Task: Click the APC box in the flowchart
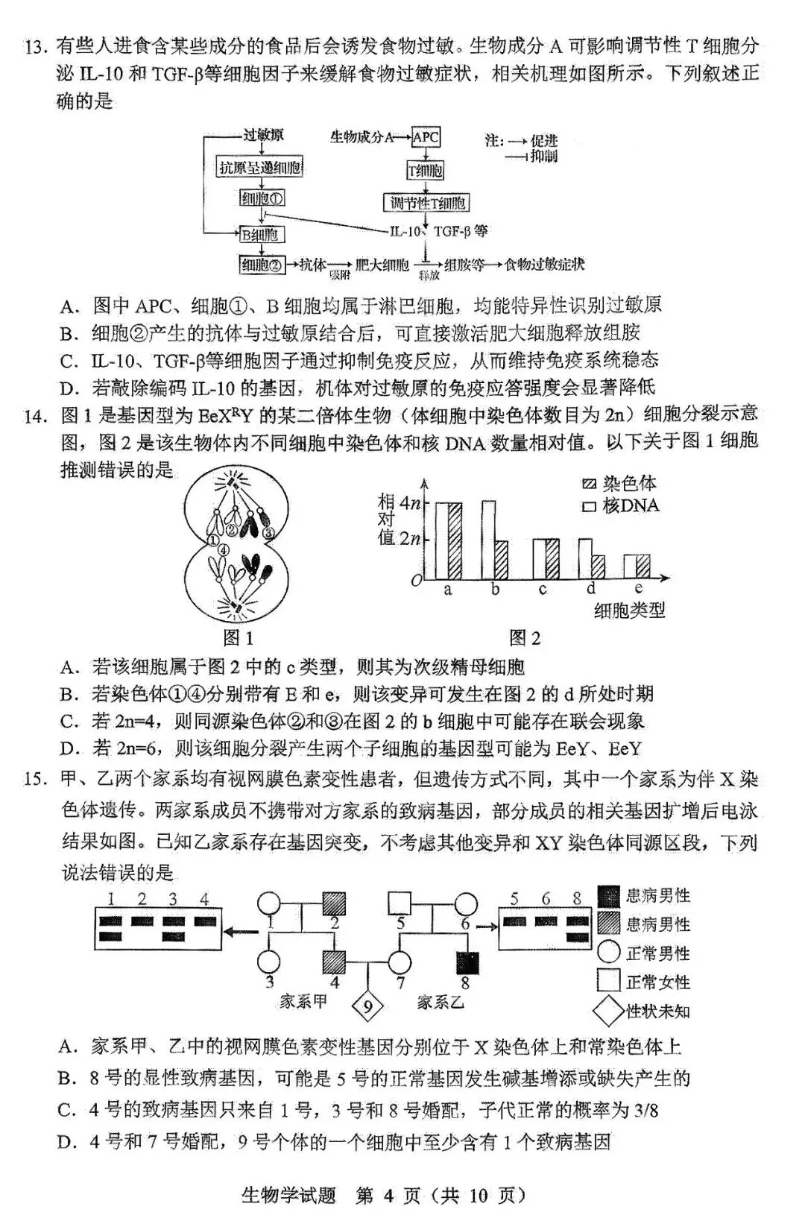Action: pos(426,138)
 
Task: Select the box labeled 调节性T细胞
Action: pos(426,203)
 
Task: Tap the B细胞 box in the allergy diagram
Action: pos(260,235)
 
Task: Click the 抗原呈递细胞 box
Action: pos(260,167)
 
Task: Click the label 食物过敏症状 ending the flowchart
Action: pos(544,265)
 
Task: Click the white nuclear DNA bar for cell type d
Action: pos(585,559)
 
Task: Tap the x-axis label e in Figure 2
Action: pos(639,590)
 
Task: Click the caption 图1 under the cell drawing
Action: pos(239,638)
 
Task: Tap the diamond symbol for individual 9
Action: pos(367,1008)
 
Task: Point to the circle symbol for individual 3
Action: pos(269,962)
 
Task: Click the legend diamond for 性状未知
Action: pos(609,1012)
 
